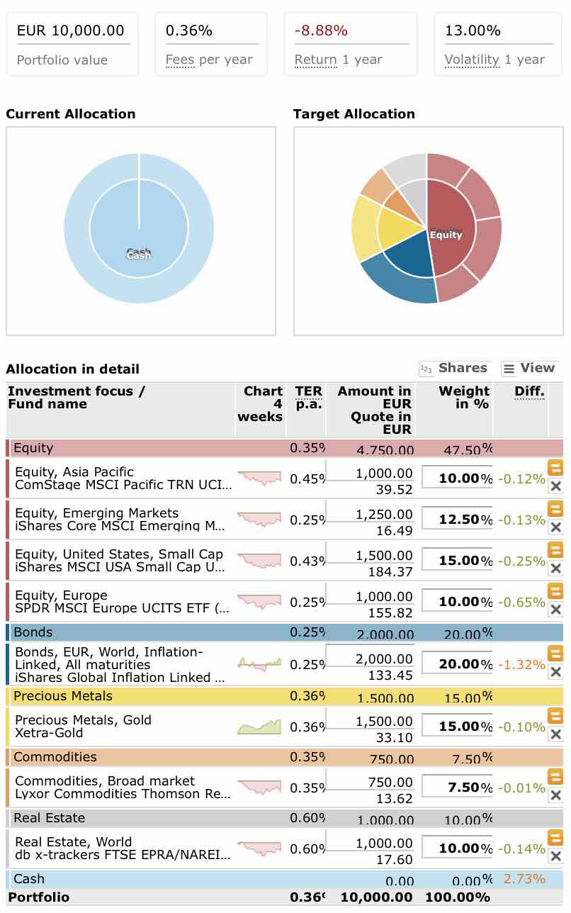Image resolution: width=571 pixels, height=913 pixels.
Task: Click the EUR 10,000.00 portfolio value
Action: [x=70, y=30]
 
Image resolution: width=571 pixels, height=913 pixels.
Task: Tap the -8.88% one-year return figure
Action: [x=321, y=30]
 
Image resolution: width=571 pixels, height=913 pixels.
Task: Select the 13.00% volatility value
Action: [x=473, y=30]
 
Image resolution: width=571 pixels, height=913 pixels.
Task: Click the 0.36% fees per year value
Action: [x=189, y=30]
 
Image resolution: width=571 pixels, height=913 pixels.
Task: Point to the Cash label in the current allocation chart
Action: [x=139, y=254]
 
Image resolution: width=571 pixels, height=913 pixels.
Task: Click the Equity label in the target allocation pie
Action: [x=446, y=235]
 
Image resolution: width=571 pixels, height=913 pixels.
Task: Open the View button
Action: [x=528, y=368]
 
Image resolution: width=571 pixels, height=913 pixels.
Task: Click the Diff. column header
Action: [x=529, y=391]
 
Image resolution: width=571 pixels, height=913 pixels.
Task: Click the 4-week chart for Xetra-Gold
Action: [x=259, y=727]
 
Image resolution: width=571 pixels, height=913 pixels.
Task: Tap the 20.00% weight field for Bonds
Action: [x=457, y=664]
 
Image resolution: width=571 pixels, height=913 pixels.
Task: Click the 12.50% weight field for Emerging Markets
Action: [x=457, y=520]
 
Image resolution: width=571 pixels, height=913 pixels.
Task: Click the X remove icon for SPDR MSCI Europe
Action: [x=555, y=610]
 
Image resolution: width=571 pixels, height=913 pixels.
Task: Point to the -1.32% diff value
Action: [x=521, y=665]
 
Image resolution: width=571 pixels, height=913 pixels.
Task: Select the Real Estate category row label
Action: [x=49, y=818]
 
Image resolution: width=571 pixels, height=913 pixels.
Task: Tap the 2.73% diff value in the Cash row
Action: [x=524, y=879]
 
